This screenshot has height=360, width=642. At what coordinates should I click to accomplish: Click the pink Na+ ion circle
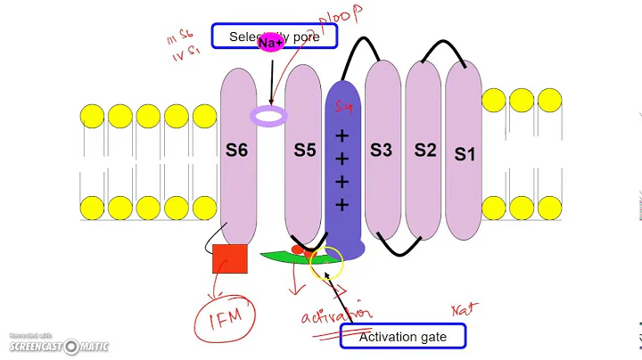[x=269, y=43]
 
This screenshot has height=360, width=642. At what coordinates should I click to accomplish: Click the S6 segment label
[x=236, y=150]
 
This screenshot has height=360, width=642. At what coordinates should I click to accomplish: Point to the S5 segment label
[x=305, y=150]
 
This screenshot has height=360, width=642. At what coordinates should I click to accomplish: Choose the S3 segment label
[x=381, y=150]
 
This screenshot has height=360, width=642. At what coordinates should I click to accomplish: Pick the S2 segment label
[x=425, y=150]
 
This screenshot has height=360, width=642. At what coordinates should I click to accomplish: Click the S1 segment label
[x=464, y=153]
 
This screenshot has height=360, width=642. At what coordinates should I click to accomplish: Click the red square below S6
[x=230, y=258]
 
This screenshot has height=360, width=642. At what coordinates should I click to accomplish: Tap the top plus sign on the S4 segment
[x=341, y=135]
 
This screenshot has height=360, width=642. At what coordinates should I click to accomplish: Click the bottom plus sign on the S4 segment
[x=341, y=207]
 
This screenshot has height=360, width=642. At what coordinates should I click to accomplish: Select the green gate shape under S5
[x=294, y=259]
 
